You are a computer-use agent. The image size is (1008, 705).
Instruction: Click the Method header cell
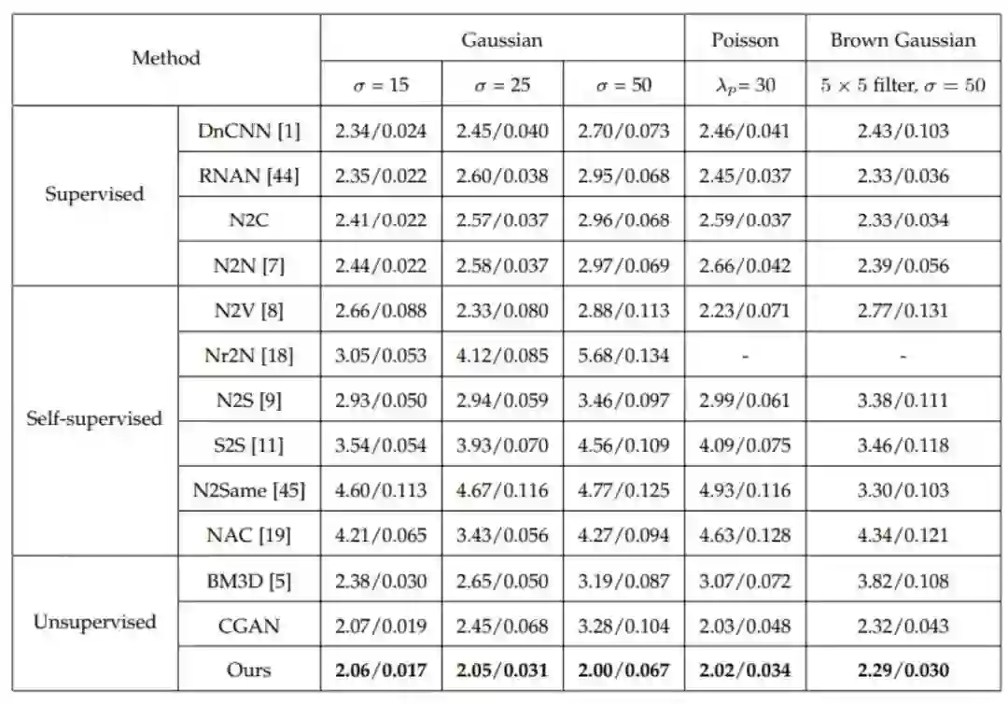coord(165,58)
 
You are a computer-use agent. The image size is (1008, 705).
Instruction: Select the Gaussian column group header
coord(501,40)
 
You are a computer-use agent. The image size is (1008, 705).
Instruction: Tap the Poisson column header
coord(744,40)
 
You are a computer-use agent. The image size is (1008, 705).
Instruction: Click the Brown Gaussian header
coord(903,40)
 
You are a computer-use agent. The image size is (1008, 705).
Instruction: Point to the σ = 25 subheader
coord(501,85)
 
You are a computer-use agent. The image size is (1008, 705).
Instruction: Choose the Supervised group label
coord(95,194)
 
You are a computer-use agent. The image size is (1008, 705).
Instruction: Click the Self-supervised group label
coord(95,418)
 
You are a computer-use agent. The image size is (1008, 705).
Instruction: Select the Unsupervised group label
coord(95,622)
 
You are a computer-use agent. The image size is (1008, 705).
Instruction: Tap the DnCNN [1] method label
coord(249,131)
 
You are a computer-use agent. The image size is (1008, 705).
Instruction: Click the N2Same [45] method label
coord(249,490)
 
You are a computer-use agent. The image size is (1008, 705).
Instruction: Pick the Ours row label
coord(249,670)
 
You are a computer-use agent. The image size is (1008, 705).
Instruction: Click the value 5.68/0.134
coord(623,356)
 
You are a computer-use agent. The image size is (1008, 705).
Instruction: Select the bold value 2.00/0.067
coord(623,670)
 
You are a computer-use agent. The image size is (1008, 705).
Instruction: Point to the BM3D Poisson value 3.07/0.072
coord(744,581)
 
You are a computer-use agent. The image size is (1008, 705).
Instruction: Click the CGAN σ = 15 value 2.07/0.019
coord(381,626)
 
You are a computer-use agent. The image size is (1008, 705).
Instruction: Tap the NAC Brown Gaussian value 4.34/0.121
coord(903,535)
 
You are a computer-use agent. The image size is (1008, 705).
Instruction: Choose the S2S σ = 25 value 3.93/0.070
coord(501,445)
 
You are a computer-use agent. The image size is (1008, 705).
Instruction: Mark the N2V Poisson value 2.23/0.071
coord(744,311)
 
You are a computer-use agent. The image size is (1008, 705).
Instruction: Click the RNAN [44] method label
coord(249,176)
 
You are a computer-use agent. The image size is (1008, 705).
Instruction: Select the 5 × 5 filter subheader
coord(903,85)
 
